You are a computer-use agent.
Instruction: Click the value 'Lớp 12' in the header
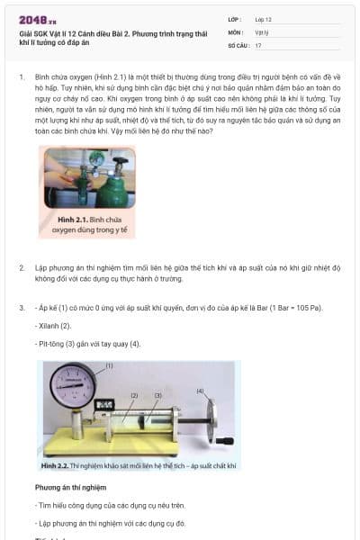pyautogui.click(x=263, y=19)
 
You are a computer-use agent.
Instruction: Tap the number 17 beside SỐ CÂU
pyautogui.click(x=258, y=44)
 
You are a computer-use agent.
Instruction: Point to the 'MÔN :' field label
pyautogui.click(x=236, y=31)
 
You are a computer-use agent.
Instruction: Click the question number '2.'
pyautogui.click(x=21, y=268)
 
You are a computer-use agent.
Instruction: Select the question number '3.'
pyautogui.click(x=21, y=309)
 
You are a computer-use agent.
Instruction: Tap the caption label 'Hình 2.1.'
pyautogui.click(x=75, y=219)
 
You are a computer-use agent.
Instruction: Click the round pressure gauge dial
pyautogui.click(x=73, y=387)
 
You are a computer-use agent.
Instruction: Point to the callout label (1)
pyautogui.click(x=109, y=365)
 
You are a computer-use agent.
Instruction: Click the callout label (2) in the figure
pyautogui.click(x=134, y=395)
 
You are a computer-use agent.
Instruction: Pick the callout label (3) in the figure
pyautogui.click(x=157, y=395)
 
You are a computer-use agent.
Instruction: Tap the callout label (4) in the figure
pyautogui.click(x=200, y=391)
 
